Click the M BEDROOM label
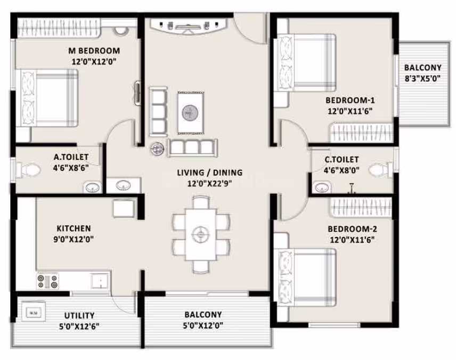coord(94,51)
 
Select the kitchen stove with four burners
coord(47,281)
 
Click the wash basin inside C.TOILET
coord(322,187)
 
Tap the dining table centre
coord(201,234)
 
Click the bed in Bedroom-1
coord(306,63)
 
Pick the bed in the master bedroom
coord(48,98)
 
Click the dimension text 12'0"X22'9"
coord(209,184)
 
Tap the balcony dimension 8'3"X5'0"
coord(422,78)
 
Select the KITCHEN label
coord(74,228)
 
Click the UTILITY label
coord(79,315)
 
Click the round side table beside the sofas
coord(157,149)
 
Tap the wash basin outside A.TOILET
coord(123,185)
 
